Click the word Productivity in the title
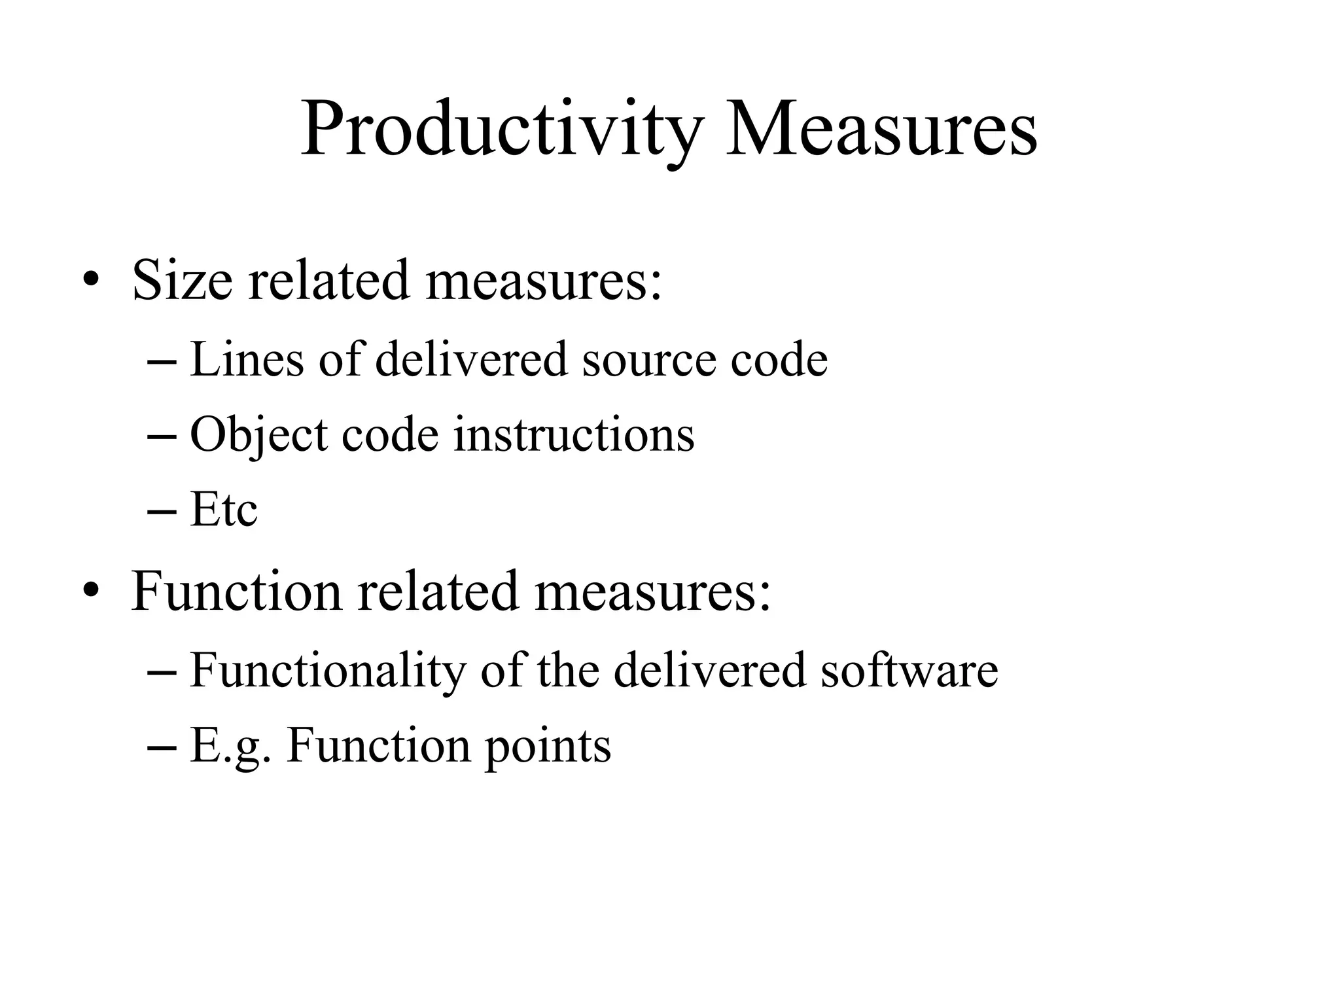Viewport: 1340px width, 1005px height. tap(501, 129)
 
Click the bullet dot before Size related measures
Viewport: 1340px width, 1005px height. tap(91, 281)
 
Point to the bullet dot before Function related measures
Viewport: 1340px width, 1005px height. tap(91, 591)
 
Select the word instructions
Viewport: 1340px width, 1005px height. tap(574, 435)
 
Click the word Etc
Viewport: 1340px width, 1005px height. tap(224, 510)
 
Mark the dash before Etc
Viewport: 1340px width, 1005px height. tap(162, 511)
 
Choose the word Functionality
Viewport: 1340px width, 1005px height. tap(327, 671)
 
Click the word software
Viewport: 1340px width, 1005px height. tap(909, 671)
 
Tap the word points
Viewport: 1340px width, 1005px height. tap(548, 746)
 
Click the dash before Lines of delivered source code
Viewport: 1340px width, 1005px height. tap(162, 361)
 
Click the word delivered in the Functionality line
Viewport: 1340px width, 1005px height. tap(710, 671)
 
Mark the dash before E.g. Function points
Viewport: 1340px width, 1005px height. tap(162, 747)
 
